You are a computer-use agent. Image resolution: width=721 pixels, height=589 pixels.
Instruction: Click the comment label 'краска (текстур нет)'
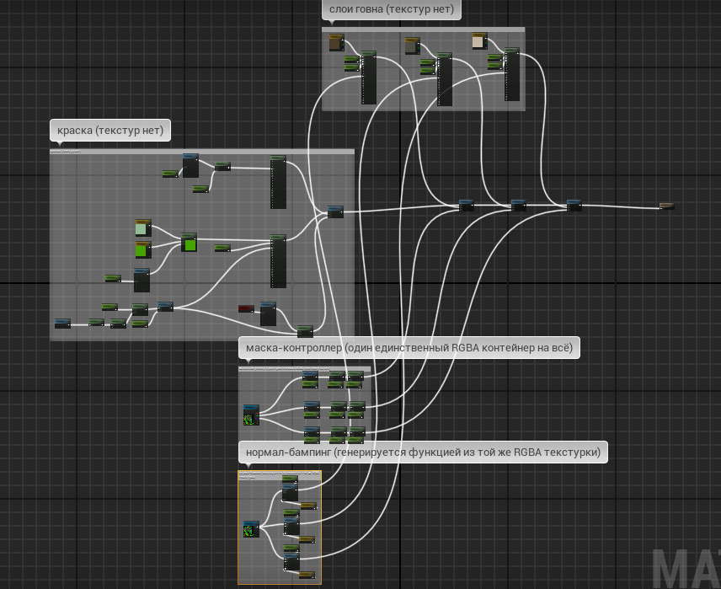tap(110, 131)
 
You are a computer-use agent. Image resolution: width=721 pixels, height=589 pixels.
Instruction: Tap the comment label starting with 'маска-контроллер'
tap(409, 347)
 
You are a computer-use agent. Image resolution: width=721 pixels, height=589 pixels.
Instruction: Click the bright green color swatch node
tap(143, 249)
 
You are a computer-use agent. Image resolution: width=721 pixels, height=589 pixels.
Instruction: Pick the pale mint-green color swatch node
tap(142, 228)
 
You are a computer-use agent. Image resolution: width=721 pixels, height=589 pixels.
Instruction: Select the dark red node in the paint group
tap(246, 308)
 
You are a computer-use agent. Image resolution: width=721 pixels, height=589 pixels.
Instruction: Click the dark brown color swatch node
tap(336, 42)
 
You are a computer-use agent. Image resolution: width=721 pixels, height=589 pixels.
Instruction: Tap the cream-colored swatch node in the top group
tap(479, 41)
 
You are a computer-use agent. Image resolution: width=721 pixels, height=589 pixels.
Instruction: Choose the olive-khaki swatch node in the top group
tap(411, 45)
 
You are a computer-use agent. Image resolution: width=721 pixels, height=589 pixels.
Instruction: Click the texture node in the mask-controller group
tap(251, 415)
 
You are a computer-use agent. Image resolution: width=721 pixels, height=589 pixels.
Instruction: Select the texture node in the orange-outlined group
tap(251, 529)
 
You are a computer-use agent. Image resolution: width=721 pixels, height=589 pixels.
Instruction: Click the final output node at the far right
tap(666, 206)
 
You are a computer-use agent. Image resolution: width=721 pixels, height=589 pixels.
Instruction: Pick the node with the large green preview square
tap(189, 244)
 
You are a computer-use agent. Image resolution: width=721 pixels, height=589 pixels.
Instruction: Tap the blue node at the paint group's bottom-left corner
tap(62, 323)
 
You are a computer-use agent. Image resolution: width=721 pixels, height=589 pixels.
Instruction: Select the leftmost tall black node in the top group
tap(369, 78)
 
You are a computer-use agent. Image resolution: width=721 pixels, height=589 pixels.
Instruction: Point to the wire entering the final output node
tap(623, 206)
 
